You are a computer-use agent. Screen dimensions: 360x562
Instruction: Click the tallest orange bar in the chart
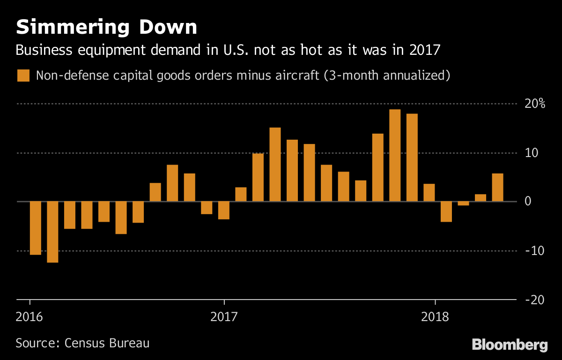[x=395, y=155]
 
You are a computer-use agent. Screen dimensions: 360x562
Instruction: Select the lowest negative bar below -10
[x=52, y=232]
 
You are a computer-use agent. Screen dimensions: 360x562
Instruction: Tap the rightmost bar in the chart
[x=497, y=187]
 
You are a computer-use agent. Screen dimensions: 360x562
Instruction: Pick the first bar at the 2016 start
[x=36, y=228]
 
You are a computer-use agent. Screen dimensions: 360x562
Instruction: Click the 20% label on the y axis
[x=535, y=104]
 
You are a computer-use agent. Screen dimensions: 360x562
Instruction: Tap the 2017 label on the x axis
[x=225, y=317]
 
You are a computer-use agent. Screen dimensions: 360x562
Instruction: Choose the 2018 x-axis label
[x=436, y=317]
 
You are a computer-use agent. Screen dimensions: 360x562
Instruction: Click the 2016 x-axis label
[x=30, y=317]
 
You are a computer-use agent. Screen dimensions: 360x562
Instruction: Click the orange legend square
[x=23, y=76]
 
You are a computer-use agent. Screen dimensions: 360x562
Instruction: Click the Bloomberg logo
[x=510, y=345]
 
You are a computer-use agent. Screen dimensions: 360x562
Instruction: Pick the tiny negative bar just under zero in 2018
[x=463, y=203]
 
